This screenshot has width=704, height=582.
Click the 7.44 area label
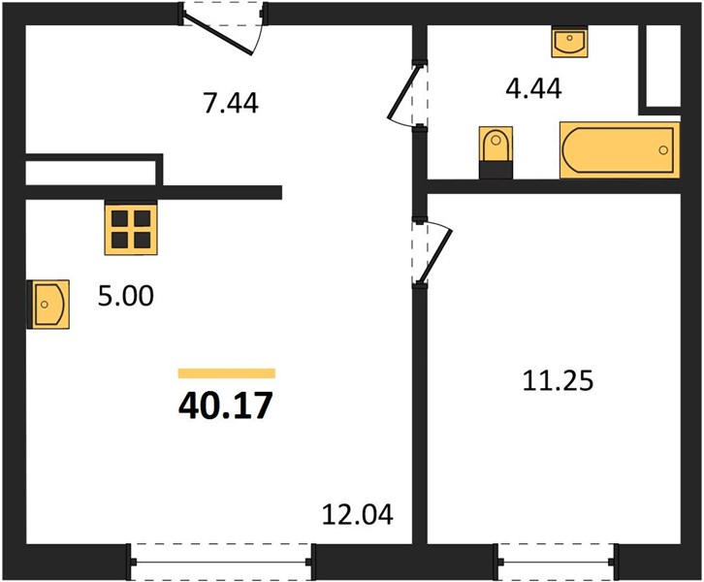(231, 103)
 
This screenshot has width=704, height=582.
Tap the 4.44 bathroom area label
(533, 88)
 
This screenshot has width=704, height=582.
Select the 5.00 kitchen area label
(126, 296)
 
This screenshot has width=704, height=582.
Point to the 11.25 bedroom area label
(558, 381)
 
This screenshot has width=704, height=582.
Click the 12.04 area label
(358, 515)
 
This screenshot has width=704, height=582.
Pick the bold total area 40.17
(225, 405)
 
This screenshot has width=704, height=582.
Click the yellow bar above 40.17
(227, 373)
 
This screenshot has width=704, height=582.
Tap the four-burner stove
(131, 227)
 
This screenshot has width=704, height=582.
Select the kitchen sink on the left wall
(48, 304)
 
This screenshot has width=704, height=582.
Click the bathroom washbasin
(569, 43)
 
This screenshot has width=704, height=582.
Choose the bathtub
(620, 150)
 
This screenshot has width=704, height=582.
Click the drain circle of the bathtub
(663, 150)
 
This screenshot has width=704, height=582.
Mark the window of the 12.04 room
(221, 562)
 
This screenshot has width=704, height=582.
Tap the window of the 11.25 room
(557, 562)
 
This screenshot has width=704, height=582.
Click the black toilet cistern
(496, 171)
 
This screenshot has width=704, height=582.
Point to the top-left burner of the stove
(119, 218)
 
